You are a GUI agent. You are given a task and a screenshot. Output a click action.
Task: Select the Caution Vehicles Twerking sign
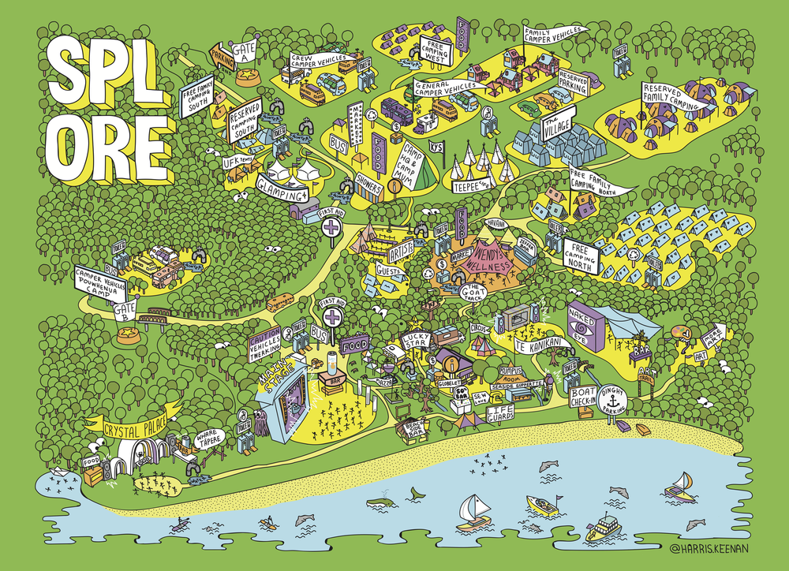265,345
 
